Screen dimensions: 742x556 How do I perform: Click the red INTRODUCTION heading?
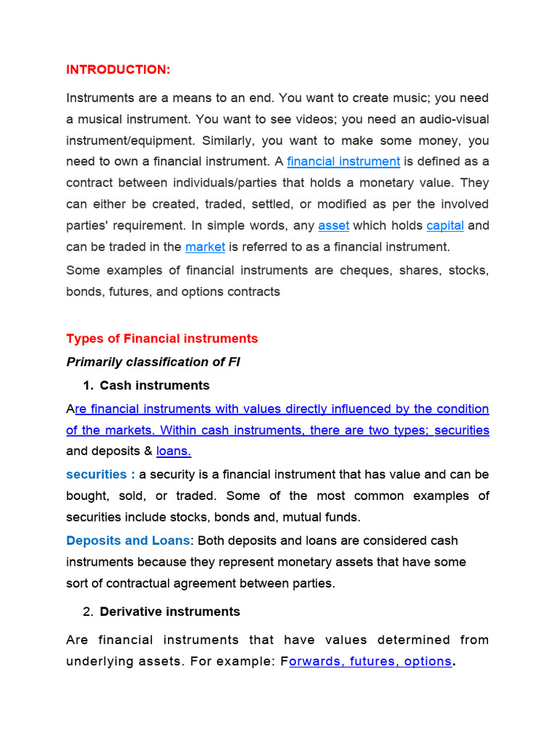tap(118, 70)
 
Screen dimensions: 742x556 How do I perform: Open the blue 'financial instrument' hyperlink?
tap(343, 161)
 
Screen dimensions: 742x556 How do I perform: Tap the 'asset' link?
tap(333, 225)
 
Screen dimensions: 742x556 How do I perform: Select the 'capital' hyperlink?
tap(445, 225)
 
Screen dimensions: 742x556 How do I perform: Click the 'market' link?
tap(205, 246)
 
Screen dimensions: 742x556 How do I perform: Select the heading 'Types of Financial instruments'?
tap(161, 338)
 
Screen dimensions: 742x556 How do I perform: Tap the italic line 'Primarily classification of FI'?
tap(153, 362)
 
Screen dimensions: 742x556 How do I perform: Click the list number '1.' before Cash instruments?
tap(88, 385)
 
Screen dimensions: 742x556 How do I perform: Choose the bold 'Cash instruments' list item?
tap(154, 385)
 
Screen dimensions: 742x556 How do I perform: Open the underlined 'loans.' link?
tap(174, 451)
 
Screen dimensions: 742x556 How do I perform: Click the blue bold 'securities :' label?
tap(101, 474)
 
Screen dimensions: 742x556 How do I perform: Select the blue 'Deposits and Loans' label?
tap(128, 541)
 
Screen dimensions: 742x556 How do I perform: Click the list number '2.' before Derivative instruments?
tap(88, 612)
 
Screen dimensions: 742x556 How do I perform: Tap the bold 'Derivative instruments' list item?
tap(169, 612)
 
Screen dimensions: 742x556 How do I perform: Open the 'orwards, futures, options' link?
tap(369, 662)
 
